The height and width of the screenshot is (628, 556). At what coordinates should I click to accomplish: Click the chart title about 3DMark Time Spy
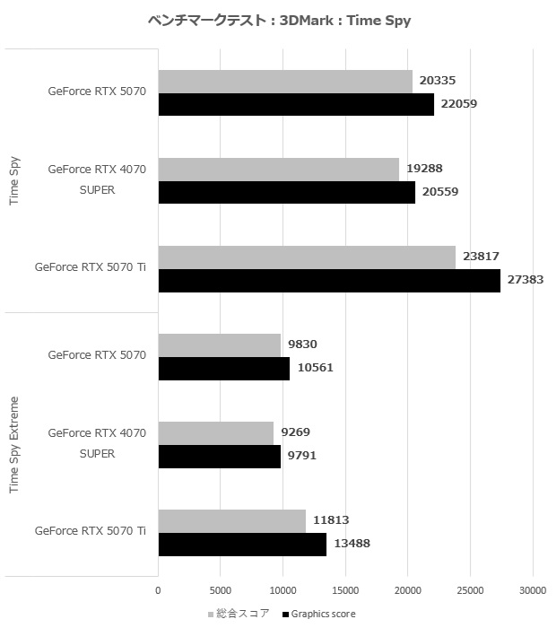pos(278,21)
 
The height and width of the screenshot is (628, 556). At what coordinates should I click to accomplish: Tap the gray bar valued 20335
pos(285,82)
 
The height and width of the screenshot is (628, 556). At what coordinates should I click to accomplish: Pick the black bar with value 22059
pos(296,105)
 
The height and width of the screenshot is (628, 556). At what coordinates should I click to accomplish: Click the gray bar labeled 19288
pos(278,170)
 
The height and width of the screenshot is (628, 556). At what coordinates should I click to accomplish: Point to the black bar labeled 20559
pos(286,193)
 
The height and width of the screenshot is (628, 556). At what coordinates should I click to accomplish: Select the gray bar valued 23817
pos(307,257)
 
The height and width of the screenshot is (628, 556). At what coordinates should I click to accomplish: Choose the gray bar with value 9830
pos(219,345)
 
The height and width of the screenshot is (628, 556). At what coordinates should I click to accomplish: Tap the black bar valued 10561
pos(223,368)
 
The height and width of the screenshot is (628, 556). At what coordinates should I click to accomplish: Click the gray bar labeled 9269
pos(215,433)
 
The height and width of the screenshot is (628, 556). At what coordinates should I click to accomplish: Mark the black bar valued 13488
pos(242,544)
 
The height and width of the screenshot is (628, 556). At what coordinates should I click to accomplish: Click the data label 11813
pos(330,520)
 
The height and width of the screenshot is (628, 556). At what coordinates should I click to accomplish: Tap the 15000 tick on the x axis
pos(345,590)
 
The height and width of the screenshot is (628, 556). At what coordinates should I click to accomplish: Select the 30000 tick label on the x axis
pos(533,590)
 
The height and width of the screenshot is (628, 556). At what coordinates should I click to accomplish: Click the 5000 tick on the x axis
pos(221,590)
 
